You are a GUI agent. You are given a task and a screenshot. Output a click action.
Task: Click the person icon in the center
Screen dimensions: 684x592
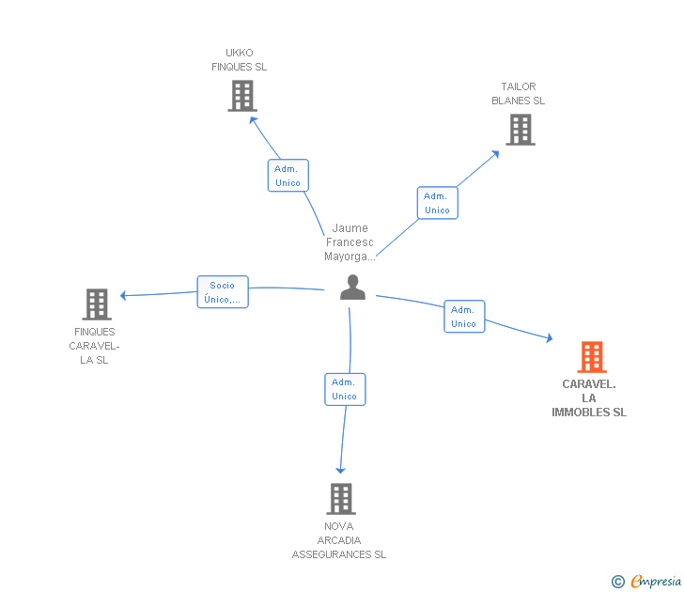point(352,287)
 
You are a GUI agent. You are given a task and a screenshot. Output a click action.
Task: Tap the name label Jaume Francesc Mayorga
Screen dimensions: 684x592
point(350,242)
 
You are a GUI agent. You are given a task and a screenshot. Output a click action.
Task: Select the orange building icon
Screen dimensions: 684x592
point(592,357)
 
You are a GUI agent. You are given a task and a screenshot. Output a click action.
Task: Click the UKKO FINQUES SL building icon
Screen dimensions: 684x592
point(242,96)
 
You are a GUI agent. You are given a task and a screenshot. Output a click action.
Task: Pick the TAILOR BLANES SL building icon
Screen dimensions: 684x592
point(521,130)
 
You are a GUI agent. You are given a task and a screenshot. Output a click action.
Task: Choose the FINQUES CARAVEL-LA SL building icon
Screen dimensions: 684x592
point(97,304)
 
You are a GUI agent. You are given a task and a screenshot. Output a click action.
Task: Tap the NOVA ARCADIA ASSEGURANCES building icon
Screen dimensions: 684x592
point(341,499)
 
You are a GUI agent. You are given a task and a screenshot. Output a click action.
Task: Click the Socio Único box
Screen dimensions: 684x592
point(223,292)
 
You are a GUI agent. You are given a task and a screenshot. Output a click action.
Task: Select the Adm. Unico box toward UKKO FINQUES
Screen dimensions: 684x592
point(288,176)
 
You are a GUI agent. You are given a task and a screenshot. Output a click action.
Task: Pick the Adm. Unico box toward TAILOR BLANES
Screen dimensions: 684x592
point(438,203)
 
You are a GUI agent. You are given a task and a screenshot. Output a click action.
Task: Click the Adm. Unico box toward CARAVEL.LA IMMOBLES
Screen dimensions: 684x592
point(464,317)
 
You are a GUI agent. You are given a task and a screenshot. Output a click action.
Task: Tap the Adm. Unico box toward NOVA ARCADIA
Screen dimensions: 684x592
point(345,389)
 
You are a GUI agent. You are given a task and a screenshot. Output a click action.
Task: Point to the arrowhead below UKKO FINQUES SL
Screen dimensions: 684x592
point(253,120)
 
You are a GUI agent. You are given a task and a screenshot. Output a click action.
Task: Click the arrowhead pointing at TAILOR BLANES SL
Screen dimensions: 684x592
point(495,154)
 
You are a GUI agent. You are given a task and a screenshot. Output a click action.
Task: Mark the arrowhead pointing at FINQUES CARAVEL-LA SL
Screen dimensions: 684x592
point(123,295)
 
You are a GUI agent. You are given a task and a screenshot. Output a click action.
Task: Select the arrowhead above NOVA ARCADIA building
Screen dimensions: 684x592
point(341,470)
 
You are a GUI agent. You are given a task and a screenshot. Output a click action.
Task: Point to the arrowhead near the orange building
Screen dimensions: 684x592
point(550,337)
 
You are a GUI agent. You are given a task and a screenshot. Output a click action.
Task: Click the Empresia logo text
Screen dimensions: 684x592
point(656,581)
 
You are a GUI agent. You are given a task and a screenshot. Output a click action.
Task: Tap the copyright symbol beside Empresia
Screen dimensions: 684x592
point(618,582)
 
